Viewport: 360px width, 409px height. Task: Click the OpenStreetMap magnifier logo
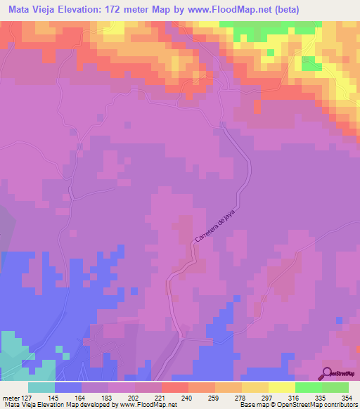pyautogui.click(x=327, y=373)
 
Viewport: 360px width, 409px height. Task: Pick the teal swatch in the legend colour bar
pyautogui.click(x=41, y=387)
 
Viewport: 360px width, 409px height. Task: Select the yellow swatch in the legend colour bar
pyautogui.click(x=282, y=387)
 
